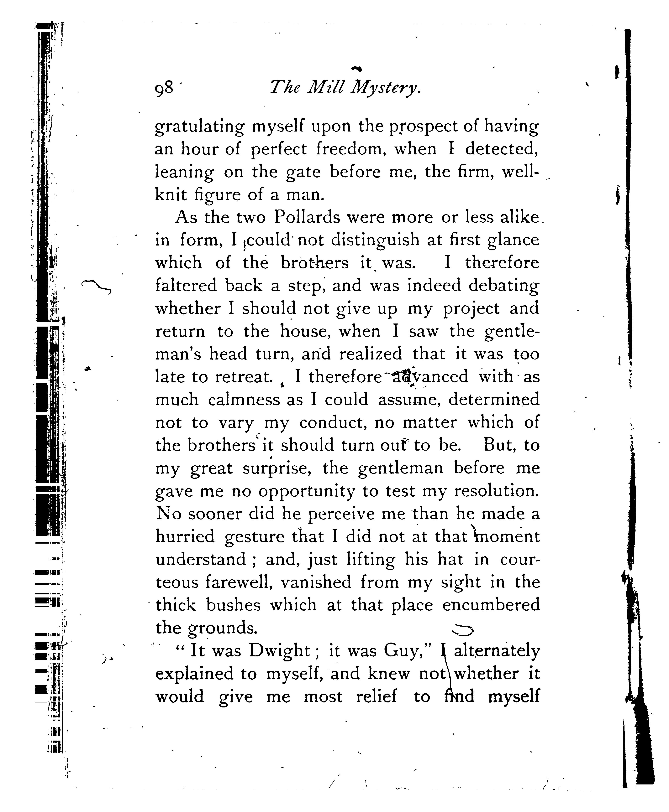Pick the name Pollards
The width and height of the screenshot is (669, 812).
coord(307,218)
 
